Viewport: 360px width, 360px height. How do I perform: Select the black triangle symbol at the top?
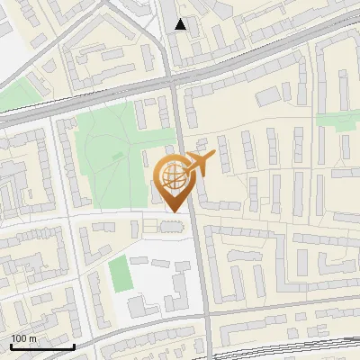point(180,24)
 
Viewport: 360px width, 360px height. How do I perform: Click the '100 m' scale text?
point(23,338)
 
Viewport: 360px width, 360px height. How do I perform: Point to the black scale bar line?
point(41,346)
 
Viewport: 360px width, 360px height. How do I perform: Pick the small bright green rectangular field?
point(119,273)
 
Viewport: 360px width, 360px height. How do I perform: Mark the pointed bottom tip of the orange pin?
point(171,211)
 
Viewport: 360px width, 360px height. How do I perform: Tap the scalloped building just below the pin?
point(169,225)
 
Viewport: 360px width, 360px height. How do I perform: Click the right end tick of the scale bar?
point(74,345)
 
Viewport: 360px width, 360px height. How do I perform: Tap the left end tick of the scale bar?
point(9,345)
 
